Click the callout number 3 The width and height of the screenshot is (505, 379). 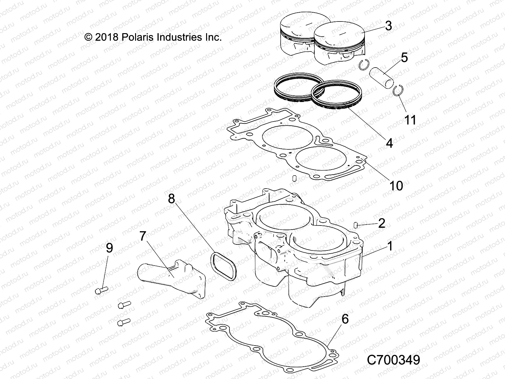coord(389,26)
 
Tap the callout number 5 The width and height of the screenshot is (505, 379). coord(404,57)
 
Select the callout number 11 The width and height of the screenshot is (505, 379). coord(410,120)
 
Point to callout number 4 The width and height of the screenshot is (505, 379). coord(389,143)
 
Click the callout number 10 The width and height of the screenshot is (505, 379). coord(396,185)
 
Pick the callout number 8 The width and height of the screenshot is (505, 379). coord(171,199)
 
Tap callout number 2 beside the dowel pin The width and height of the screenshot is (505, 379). coord(382,224)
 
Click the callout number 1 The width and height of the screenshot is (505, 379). coord(390,246)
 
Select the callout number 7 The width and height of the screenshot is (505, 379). coord(143,236)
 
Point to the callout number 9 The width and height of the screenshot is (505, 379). coord(109,248)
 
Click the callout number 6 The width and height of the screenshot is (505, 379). coord(345,319)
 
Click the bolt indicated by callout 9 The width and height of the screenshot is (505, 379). coord(101,289)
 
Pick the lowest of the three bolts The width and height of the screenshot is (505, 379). coord(123,322)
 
